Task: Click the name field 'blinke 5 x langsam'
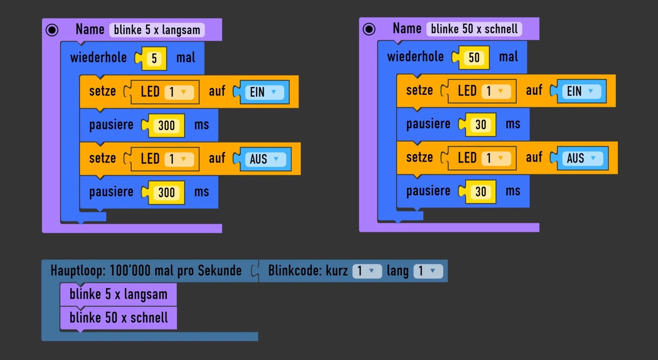[x=157, y=30]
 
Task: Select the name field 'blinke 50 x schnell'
[x=474, y=29]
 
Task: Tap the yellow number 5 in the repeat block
[x=154, y=59]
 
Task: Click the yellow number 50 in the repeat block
[x=474, y=58]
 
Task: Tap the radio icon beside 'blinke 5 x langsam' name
[x=52, y=30]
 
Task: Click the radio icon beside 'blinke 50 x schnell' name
[x=369, y=29]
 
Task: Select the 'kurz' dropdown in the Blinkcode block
[x=367, y=271]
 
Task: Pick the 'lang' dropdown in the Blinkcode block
[x=428, y=271]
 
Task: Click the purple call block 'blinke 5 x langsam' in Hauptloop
[x=118, y=294]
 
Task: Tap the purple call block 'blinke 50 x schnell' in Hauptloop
[x=118, y=318]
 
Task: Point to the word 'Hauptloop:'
[x=78, y=271]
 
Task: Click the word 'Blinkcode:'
[x=295, y=271]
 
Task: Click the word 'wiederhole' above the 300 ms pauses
[x=98, y=58]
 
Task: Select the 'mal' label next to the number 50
[x=508, y=57]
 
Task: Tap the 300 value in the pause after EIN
[x=166, y=126]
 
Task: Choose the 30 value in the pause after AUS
[x=481, y=192]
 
